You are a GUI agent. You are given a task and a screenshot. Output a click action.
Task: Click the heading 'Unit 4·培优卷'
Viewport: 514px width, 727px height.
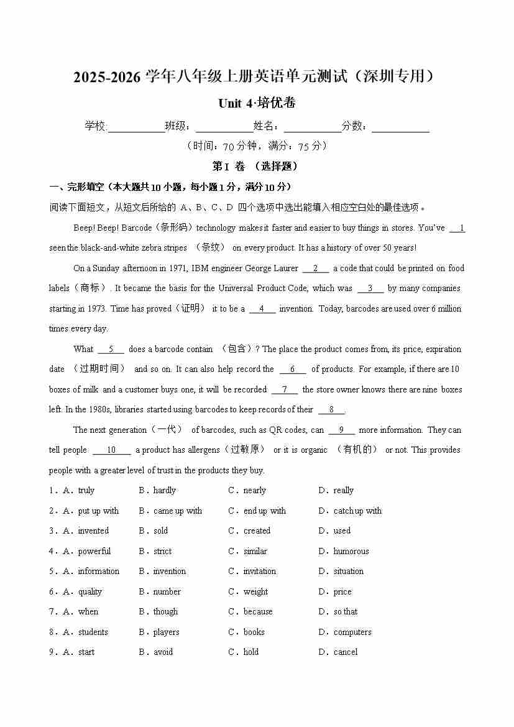257,103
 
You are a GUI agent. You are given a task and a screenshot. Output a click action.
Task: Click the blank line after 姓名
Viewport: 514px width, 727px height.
313,127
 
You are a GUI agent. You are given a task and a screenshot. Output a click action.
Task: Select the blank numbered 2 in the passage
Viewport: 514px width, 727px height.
316,269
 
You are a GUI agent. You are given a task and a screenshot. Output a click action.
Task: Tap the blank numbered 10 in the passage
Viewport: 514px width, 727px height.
111,450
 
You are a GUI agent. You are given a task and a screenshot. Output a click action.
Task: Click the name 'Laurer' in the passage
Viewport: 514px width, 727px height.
286,269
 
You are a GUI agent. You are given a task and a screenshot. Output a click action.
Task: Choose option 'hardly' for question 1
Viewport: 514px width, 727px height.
165,491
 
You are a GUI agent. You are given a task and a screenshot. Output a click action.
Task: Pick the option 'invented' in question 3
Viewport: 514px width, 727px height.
93,531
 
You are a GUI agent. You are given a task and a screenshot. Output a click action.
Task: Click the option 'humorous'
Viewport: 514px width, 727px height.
351,552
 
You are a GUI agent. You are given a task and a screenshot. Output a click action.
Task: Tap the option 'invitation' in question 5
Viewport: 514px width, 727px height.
259,572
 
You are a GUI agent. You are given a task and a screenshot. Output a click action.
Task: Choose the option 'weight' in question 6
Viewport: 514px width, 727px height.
255,592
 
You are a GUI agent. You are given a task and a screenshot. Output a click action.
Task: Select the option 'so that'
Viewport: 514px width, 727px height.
346,612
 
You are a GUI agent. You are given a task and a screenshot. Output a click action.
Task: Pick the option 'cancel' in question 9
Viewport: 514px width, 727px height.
346,652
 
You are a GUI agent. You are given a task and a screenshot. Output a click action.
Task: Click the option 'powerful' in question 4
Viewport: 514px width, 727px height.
94,552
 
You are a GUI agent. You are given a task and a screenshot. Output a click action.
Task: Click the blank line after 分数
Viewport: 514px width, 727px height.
400,127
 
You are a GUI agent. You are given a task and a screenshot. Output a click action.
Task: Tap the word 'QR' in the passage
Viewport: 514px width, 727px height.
276,430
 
